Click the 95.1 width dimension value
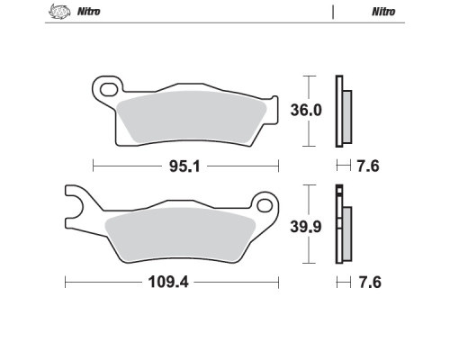[184, 166]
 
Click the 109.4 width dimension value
[168, 283]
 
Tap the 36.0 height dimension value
[306, 110]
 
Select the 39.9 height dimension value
[306, 227]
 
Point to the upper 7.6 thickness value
[368, 166]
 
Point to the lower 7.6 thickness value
[370, 283]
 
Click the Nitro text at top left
[88, 12]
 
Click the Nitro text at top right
[383, 12]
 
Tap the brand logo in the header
[59, 12]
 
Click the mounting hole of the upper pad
[109, 90]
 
